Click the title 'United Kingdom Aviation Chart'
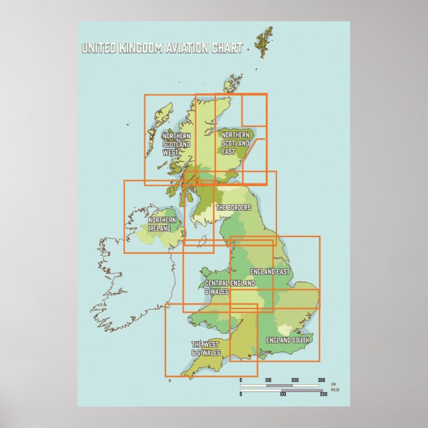[161, 48]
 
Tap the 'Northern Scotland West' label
[177, 144]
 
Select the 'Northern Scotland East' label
[237, 144]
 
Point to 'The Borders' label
[233, 207]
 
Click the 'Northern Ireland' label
[162, 224]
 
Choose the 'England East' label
[270, 272]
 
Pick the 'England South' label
[287, 340]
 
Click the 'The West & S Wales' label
[206, 348]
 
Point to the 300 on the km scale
[322, 380]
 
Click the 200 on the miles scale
[324, 394]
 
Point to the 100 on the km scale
[268, 380]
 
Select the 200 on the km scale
[295, 380]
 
